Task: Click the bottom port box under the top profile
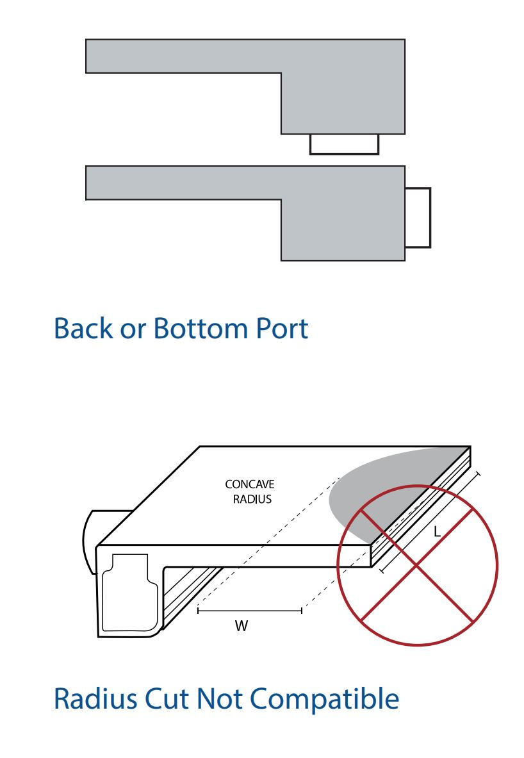pyautogui.click(x=344, y=144)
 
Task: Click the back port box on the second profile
pyautogui.click(x=418, y=217)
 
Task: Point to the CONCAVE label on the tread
pyautogui.click(x=250, y=485)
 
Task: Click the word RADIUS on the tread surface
pyautogui.click(x=252, y=499)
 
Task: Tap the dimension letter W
pyautogui.click(x=241, y=627)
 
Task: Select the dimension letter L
pyautogui.click(x=437, y=532)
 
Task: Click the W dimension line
pyautogui.click(x=250, y=611)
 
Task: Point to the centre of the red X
pyautogui.click(x=417, y=565)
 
